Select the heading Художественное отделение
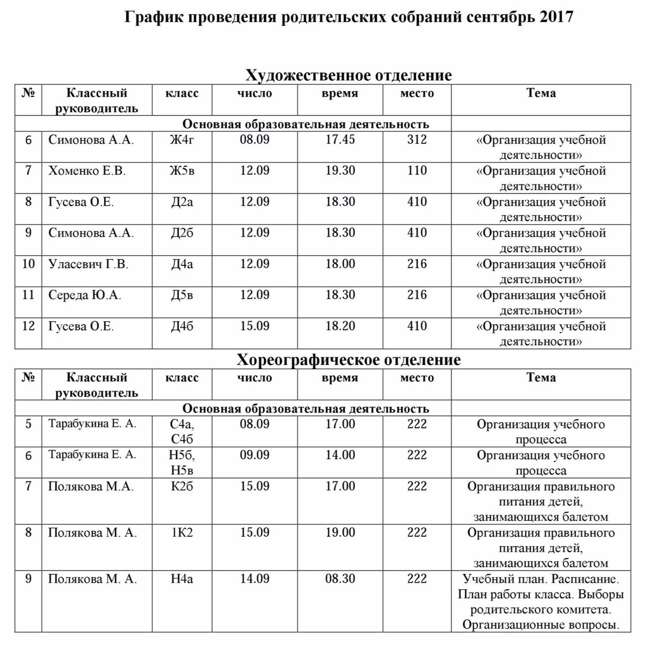click(349, 75)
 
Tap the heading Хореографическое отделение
click(349, 360)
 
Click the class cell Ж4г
click(182, 140)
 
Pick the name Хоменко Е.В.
click(87, 171)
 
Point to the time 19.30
click(340, 171)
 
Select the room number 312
click(417, 140)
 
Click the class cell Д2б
click(182, 233)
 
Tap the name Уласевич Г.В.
click(88, 264)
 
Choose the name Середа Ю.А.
click(85, 295)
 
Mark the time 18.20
click(340, 326)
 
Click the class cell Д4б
click(182, 326)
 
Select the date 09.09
click(255, 455)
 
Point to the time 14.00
click(340, 455)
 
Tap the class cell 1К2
click(182, 532)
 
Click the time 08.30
click(340, 579)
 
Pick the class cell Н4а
click(182, 579)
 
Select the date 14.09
click(255, 579)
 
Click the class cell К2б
click(182, 486)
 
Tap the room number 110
click(417, 171)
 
